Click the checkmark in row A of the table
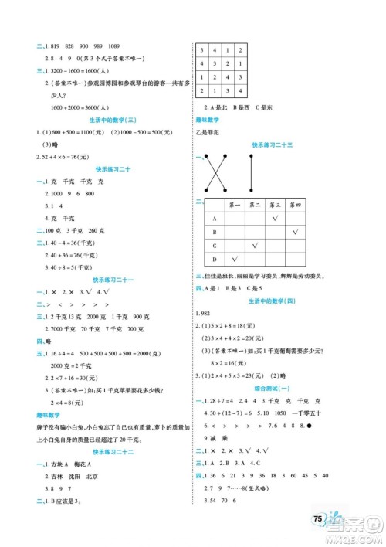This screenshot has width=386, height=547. point(276,219)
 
